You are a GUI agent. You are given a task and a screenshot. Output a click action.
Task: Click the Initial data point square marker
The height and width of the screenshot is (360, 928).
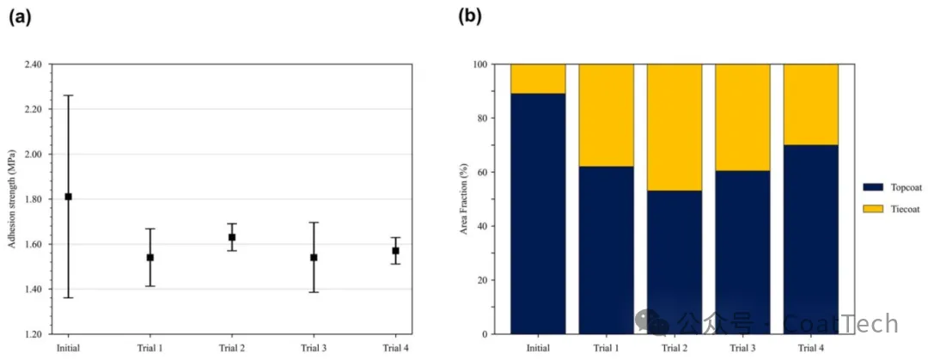pyautogui.click(x=69, y=197)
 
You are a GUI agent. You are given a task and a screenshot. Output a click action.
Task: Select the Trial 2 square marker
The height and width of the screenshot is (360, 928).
pyautogui.click(x=232, y=237)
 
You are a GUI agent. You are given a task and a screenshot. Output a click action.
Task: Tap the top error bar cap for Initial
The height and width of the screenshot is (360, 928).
pyautogui.click(x=69, y=95)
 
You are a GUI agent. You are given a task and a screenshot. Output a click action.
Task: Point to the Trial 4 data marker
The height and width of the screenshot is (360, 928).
pyautogui.click(x=395, y=251)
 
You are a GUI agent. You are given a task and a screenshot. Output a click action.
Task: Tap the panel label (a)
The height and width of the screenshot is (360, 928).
pyautogui.click(x=20, y=16)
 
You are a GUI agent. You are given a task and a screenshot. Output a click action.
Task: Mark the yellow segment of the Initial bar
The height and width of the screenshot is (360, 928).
pyautogui.click(x=538, y=79)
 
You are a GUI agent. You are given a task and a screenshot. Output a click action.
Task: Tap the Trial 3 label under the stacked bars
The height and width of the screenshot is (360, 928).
pyautogui.click(x=742, y=347)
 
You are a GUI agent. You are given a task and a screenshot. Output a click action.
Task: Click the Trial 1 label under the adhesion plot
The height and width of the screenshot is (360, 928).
pyautogui.click(x=150, y=347)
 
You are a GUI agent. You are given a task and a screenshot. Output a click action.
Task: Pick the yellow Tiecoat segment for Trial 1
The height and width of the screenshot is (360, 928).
pyautogui.click(x=606, y=115)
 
